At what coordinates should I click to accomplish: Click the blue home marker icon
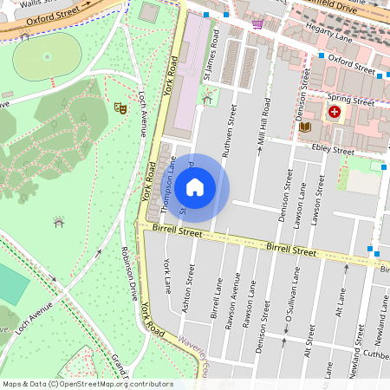click(195, 186)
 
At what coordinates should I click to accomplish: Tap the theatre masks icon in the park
click(121, 107)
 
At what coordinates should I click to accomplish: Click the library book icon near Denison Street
click(304, 127)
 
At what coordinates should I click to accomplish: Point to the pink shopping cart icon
click(257, 24)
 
